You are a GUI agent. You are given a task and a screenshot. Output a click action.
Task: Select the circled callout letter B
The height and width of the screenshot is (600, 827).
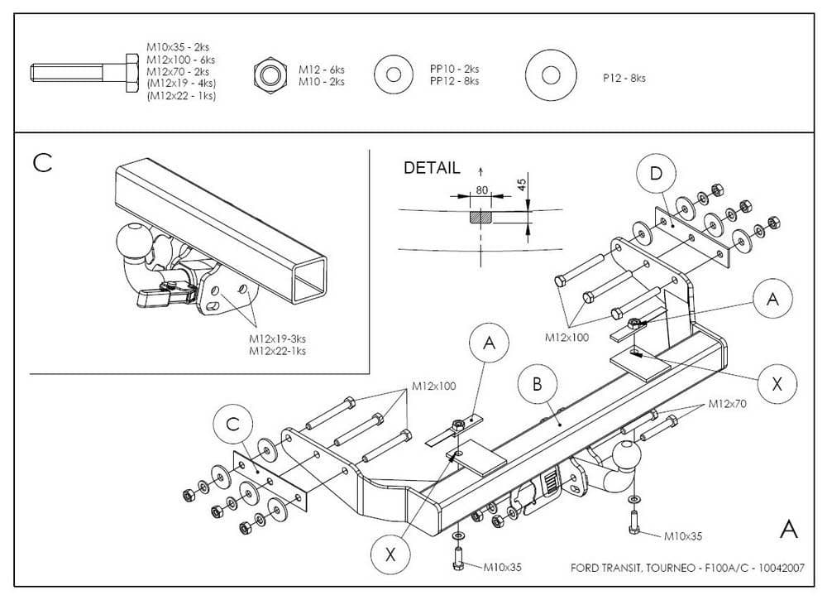coord(537,385)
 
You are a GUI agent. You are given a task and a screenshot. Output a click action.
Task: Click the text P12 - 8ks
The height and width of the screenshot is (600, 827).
coord(624,78)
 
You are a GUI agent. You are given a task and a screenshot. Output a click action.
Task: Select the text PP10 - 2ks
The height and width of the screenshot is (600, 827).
coord(454,70)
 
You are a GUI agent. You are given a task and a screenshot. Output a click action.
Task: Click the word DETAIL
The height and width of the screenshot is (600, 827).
coord(432,168)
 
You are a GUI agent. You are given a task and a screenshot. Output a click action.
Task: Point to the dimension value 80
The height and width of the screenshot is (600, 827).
coord(481,190)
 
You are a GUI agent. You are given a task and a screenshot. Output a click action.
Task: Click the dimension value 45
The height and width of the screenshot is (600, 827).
coord(522,185)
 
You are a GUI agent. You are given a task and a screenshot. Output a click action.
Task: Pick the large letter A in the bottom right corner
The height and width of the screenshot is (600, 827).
coord(789,529)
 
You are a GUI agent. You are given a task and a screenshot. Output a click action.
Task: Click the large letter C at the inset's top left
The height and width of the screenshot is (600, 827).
coord(42,163)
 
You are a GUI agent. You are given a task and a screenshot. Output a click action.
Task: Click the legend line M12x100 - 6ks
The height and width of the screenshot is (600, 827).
coord(180,60)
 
